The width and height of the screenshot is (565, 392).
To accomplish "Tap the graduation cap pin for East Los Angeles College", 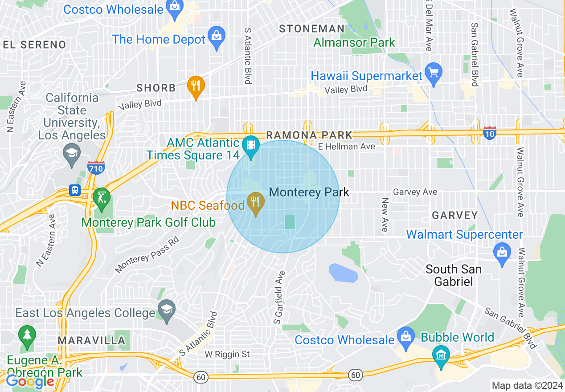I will pos(167,310).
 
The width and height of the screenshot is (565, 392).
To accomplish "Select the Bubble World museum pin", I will pos(441,356).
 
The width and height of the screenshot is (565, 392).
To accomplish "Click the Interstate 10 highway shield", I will pos(489,133).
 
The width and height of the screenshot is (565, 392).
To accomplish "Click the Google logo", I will pos(30,381).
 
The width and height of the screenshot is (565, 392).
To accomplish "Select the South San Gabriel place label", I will pos(453,275).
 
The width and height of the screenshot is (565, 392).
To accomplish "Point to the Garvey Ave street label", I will pos(415,192).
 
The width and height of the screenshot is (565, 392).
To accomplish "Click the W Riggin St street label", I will pos(227,355).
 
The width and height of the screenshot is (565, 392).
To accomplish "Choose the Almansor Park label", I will pos(354,43).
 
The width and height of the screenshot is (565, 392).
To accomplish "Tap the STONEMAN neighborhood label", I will pos(311,29).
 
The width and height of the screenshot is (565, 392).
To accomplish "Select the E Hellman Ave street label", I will pos(347,146).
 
